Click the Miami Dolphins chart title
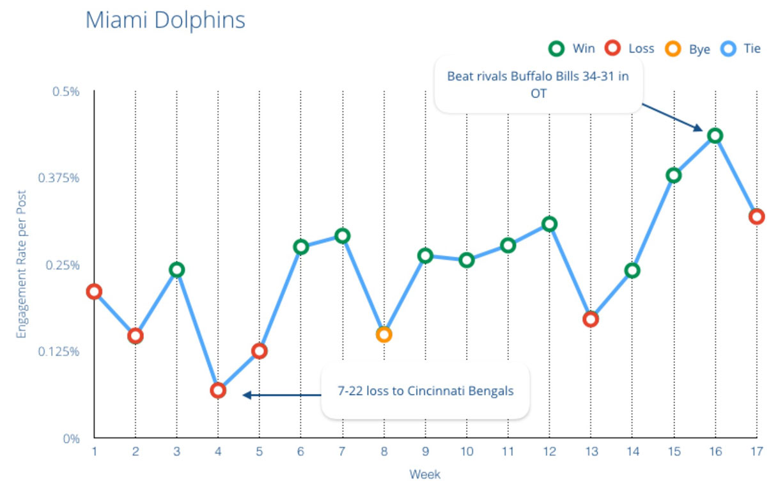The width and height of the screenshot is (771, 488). [165, 19]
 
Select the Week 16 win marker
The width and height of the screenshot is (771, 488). [715, 136]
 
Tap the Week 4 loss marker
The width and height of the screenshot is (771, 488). [218, 390]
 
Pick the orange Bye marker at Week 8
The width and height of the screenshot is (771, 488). [384, 334]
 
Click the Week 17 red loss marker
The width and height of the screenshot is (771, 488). [757, 216]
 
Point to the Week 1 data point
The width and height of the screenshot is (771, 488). [94, 292]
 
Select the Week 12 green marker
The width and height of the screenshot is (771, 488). [549, 224]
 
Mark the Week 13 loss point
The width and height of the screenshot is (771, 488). [591, 319]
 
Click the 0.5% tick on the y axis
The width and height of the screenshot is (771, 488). [66, 91]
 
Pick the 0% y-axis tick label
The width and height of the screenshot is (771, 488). [70, 439]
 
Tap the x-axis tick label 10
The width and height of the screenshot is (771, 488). [466, 452]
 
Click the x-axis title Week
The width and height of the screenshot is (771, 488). [425, 475]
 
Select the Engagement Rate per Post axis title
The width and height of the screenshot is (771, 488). [21, 265]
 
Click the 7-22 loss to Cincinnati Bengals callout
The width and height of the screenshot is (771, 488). [425, 391]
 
